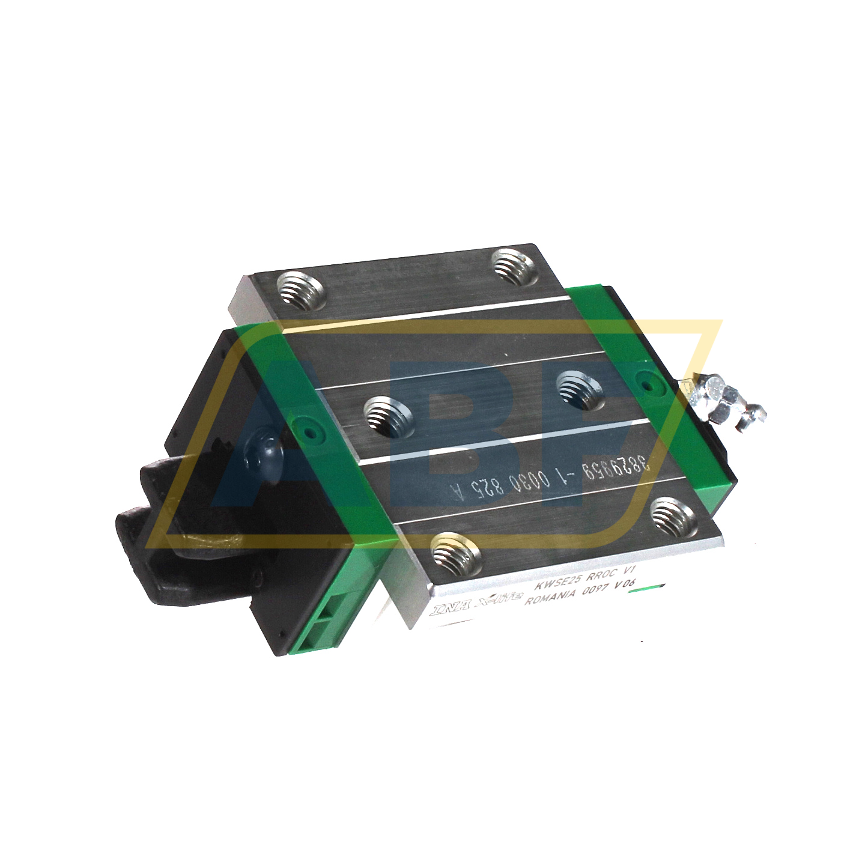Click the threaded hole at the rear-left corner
[301, 290]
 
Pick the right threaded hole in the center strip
[580, 389]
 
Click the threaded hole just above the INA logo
[457, 552]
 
